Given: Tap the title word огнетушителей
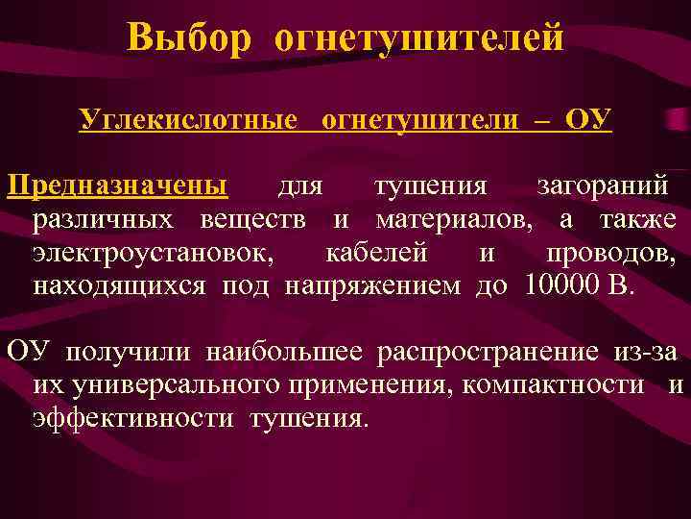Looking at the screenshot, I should coord(418,38).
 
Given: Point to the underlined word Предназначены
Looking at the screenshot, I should coord(117,184).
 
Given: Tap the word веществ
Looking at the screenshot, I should coord(253,220).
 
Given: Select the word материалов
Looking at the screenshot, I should coord(451,220).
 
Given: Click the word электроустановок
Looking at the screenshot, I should coord(152,255).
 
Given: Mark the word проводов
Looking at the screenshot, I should coord(610,255).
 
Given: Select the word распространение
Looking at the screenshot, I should coord(489,352).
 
